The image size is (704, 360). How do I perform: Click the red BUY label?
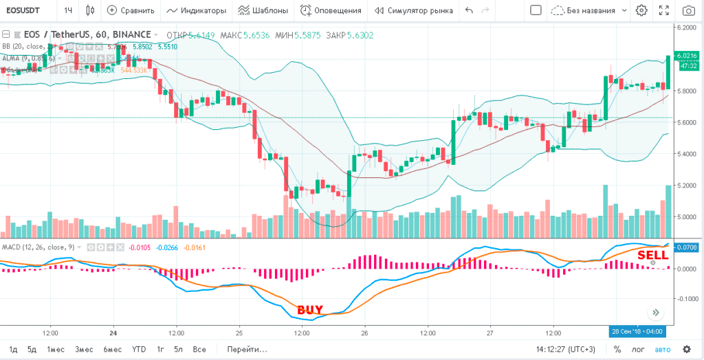click(309, 310)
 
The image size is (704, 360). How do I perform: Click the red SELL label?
click(652, 255)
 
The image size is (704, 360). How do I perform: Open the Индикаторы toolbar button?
click(197, 11)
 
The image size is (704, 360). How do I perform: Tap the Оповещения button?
click(331, 11)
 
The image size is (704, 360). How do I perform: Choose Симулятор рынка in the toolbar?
click(413, 11)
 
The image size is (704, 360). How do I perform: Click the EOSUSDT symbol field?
click(27, 11)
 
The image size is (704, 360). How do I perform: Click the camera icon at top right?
click(688, 11)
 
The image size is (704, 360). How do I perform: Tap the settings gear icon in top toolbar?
click(641, 11)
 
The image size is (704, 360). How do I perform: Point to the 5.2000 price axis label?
click(687, 185)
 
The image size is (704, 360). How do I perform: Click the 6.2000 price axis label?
click(687, 27)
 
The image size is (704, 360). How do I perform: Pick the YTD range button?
click(139, 349)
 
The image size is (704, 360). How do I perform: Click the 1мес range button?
click(56, 349)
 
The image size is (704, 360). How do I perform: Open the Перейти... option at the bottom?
click(247, 349)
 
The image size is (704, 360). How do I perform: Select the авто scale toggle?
click(662, 349)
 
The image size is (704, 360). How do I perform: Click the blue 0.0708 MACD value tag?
click(687, 247)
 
